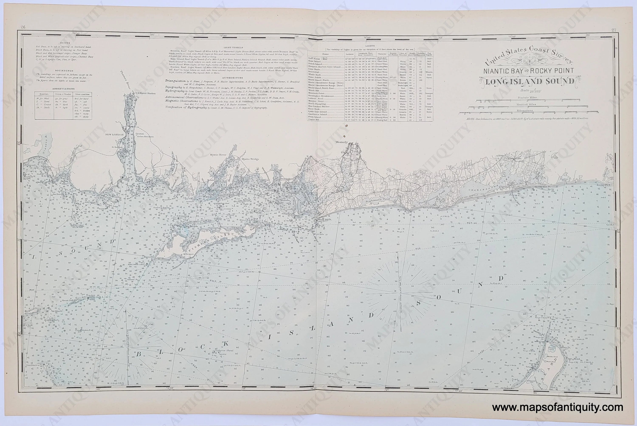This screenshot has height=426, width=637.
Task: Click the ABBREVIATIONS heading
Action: pyautogui.click(x=63, y=89)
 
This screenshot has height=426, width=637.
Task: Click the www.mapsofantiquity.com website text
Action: pyautogui.click(x=557, y=408)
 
